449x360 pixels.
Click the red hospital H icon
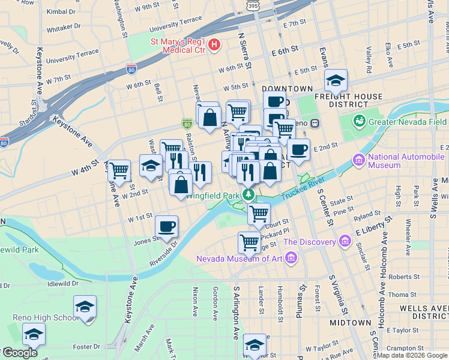214,45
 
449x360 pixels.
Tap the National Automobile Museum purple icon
359,160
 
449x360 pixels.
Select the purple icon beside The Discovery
345,242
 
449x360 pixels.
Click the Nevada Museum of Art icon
291,259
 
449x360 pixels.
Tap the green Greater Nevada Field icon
360,121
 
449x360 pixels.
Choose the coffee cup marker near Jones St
167,227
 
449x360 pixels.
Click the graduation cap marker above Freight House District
336,80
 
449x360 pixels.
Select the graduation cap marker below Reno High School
34,334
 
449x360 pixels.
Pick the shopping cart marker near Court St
259,214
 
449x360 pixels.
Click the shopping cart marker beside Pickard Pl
249,242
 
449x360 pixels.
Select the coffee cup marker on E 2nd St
298,150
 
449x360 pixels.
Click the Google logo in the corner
20,353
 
